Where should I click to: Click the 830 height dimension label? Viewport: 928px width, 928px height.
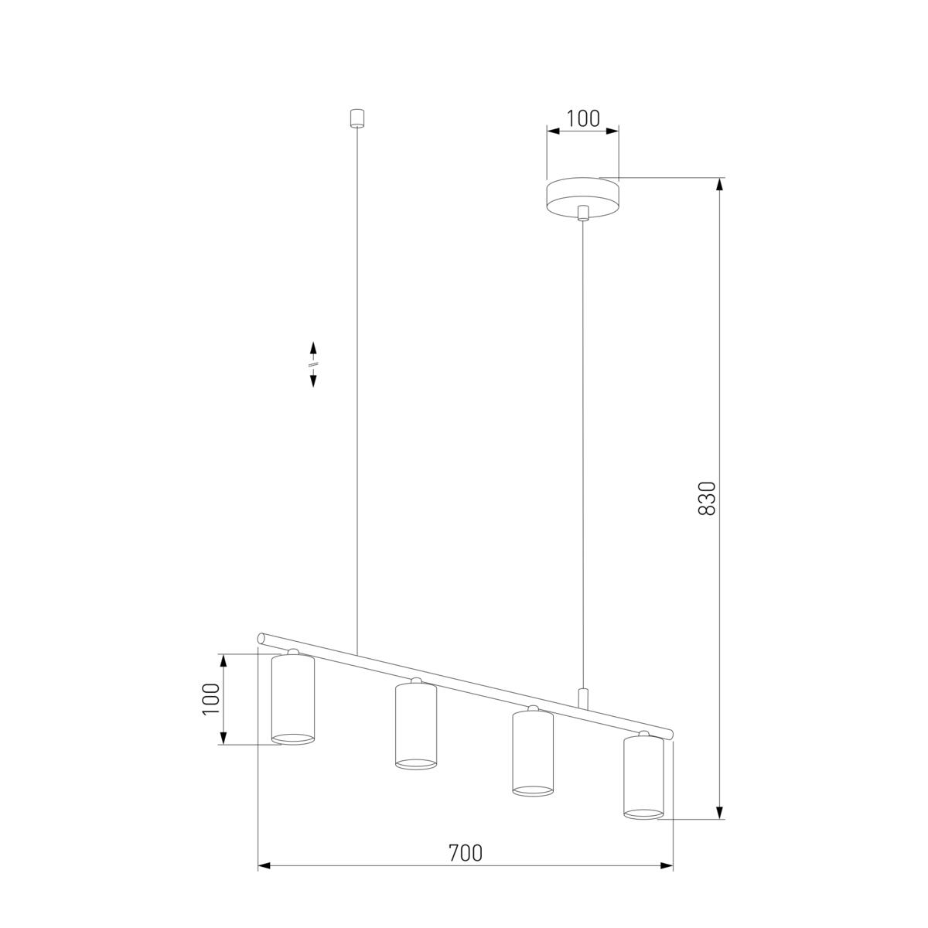[707, 499]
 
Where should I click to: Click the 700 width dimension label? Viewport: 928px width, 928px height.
[466, 853]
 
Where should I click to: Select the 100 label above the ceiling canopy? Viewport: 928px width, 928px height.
[583, 118]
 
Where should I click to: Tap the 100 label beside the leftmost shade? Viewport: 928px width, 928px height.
[211, 699]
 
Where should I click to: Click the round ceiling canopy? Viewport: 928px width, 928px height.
[583, 198]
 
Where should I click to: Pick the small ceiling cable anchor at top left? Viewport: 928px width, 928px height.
[357, 118]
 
